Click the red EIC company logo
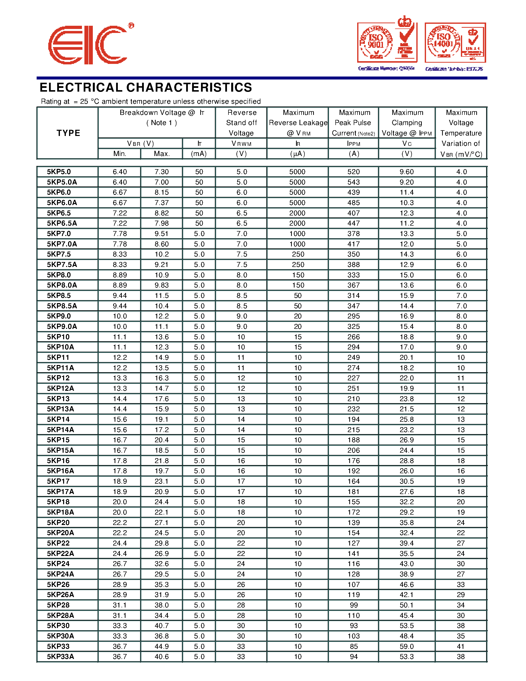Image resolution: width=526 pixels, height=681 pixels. [88, 45]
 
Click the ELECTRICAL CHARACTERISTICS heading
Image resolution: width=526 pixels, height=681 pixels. [146, 88]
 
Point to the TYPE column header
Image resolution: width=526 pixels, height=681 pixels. [68, 133]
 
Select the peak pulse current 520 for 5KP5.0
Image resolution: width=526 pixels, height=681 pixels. [353, 172]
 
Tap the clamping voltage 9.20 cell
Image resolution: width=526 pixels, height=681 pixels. [407, 182]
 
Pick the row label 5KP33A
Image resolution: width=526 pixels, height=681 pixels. [60, 657]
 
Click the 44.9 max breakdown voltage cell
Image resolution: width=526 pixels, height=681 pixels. [161, 646]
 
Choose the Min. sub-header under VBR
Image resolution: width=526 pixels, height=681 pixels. [120, 154]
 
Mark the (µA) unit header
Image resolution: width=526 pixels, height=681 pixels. [297, 154]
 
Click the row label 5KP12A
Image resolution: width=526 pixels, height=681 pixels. [60, 389]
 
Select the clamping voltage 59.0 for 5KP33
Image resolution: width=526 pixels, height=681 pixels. [407, 646]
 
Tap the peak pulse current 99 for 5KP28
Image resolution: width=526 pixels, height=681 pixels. [353, 605]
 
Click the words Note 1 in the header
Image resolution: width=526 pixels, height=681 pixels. [161, 123]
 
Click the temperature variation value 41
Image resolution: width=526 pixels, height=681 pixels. [461, 646]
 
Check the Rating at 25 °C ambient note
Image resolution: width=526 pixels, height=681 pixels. [150, 102]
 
